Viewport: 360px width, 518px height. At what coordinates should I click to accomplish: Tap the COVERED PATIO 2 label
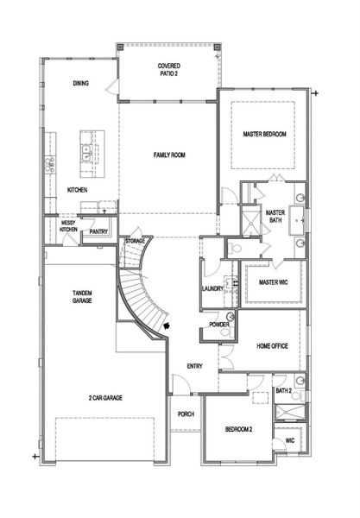point(168,71)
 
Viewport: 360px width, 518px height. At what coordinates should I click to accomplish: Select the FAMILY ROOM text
point(168,155)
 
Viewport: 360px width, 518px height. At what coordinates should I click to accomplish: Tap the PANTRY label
point(98,231)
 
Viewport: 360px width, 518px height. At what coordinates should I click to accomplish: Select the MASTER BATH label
point(275,217)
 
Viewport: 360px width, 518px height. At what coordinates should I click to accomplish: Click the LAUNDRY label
point(212,288)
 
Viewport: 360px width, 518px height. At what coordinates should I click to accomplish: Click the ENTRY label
point(194,367)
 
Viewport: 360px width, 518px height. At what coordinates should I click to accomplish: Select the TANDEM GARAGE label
point(82,298)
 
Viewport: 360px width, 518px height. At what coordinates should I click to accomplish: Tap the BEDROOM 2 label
point(238,429)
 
